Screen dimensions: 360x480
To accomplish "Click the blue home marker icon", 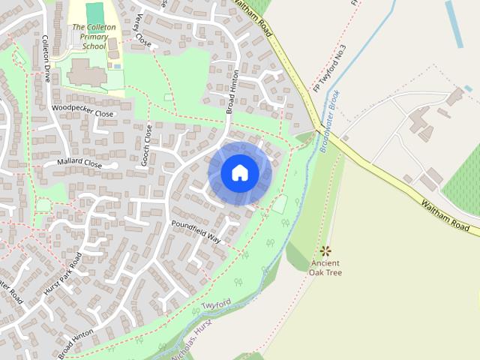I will [x=239, y=173].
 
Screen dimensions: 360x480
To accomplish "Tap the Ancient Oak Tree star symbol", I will [x=325, y=250].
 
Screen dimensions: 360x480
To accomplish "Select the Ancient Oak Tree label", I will [x=325, y=268].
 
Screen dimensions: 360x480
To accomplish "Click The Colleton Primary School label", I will [x=94, y=36].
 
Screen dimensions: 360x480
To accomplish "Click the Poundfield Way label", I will [x=196, y=230].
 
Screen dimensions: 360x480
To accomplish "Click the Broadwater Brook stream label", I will [x=330, y=123].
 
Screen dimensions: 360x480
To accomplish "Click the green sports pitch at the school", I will [x=94, y=13].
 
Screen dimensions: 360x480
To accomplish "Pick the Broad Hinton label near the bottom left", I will [x=76, y=342].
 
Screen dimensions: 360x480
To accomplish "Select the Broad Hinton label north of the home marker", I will [x=232, y=92].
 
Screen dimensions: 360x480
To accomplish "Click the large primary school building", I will [x=86, y=73].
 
